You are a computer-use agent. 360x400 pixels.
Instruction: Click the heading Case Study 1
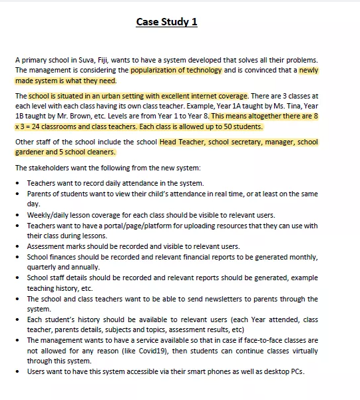coord(166,23)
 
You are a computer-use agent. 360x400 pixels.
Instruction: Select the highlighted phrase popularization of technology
coord(176,69)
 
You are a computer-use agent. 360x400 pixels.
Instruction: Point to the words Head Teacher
coord(182,142)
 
